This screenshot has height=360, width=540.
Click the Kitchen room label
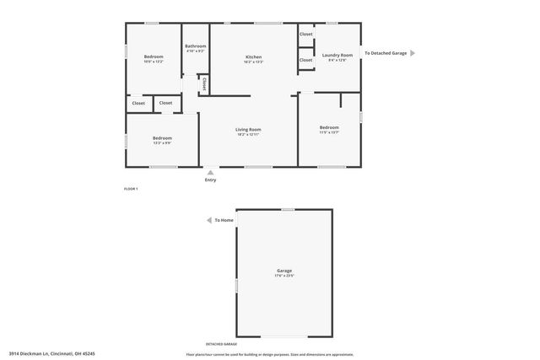pos(254,56)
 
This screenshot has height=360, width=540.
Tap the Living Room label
pos(248,129)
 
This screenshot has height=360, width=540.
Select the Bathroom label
pos(196,46)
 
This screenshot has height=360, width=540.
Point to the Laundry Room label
pos(337,55)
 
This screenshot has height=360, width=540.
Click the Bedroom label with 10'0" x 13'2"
pos(153,56)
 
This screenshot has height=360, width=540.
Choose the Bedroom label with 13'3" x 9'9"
pos(162,137)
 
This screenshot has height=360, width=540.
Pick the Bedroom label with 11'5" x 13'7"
pos(328,126)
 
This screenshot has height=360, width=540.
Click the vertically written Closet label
pos(204,83)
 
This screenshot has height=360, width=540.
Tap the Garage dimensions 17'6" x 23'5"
pos(283,276)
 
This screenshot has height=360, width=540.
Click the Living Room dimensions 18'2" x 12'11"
pos(248,135)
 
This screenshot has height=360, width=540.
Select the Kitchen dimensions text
pos(254,62)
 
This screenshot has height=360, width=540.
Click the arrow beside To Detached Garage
pos(413,53)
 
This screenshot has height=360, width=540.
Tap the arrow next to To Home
pos(209,220)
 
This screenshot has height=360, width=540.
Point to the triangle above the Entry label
pos(210,172)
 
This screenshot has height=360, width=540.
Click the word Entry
pos(210,180)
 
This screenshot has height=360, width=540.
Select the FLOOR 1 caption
pos(131,189)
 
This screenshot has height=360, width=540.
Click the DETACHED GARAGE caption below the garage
pos(222,344)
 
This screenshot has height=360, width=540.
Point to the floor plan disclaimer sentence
pos(269,354)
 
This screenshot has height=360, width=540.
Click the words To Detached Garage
pos(386,53)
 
